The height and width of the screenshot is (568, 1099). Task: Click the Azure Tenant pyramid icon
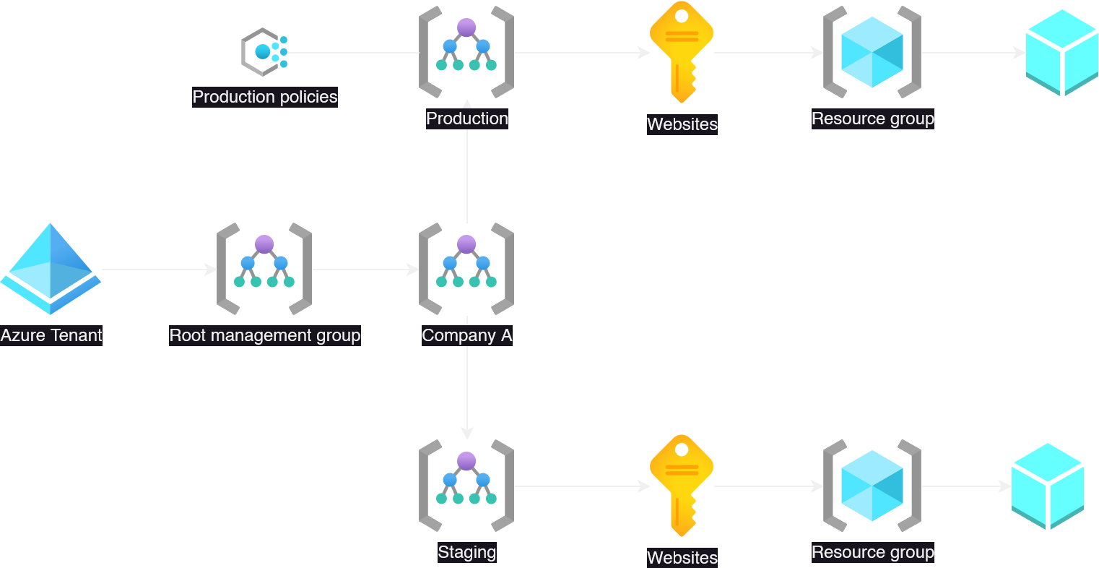[x=51, y=269]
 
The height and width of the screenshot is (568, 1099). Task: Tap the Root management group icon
[x=264, y=269]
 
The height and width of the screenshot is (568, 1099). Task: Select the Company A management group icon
[x=466, y=269]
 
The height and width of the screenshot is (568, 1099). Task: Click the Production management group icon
[x=466, y=52]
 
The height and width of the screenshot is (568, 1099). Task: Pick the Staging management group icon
[x=466, y=486]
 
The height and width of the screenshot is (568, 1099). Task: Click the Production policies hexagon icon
[x=264, y=52]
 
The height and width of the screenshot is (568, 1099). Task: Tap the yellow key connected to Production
[x=681, y=52]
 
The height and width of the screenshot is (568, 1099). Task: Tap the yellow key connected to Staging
[x=681, y=486]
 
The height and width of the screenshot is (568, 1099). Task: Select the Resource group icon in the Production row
[x=872, y=52]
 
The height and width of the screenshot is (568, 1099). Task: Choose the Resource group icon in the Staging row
[x=872, y=486]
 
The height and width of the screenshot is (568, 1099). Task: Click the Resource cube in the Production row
[x=1061, y=52]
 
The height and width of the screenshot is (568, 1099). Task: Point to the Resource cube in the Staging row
[x=1047, y=486]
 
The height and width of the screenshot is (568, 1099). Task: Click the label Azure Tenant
[x=51, y=335]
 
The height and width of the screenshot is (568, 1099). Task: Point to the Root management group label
[x=264, y=335]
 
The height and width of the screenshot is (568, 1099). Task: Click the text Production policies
[x=264, y=97]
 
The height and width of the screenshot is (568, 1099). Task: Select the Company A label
[x=466, y=335]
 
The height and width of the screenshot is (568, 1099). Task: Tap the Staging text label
[x=466, y=552]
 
